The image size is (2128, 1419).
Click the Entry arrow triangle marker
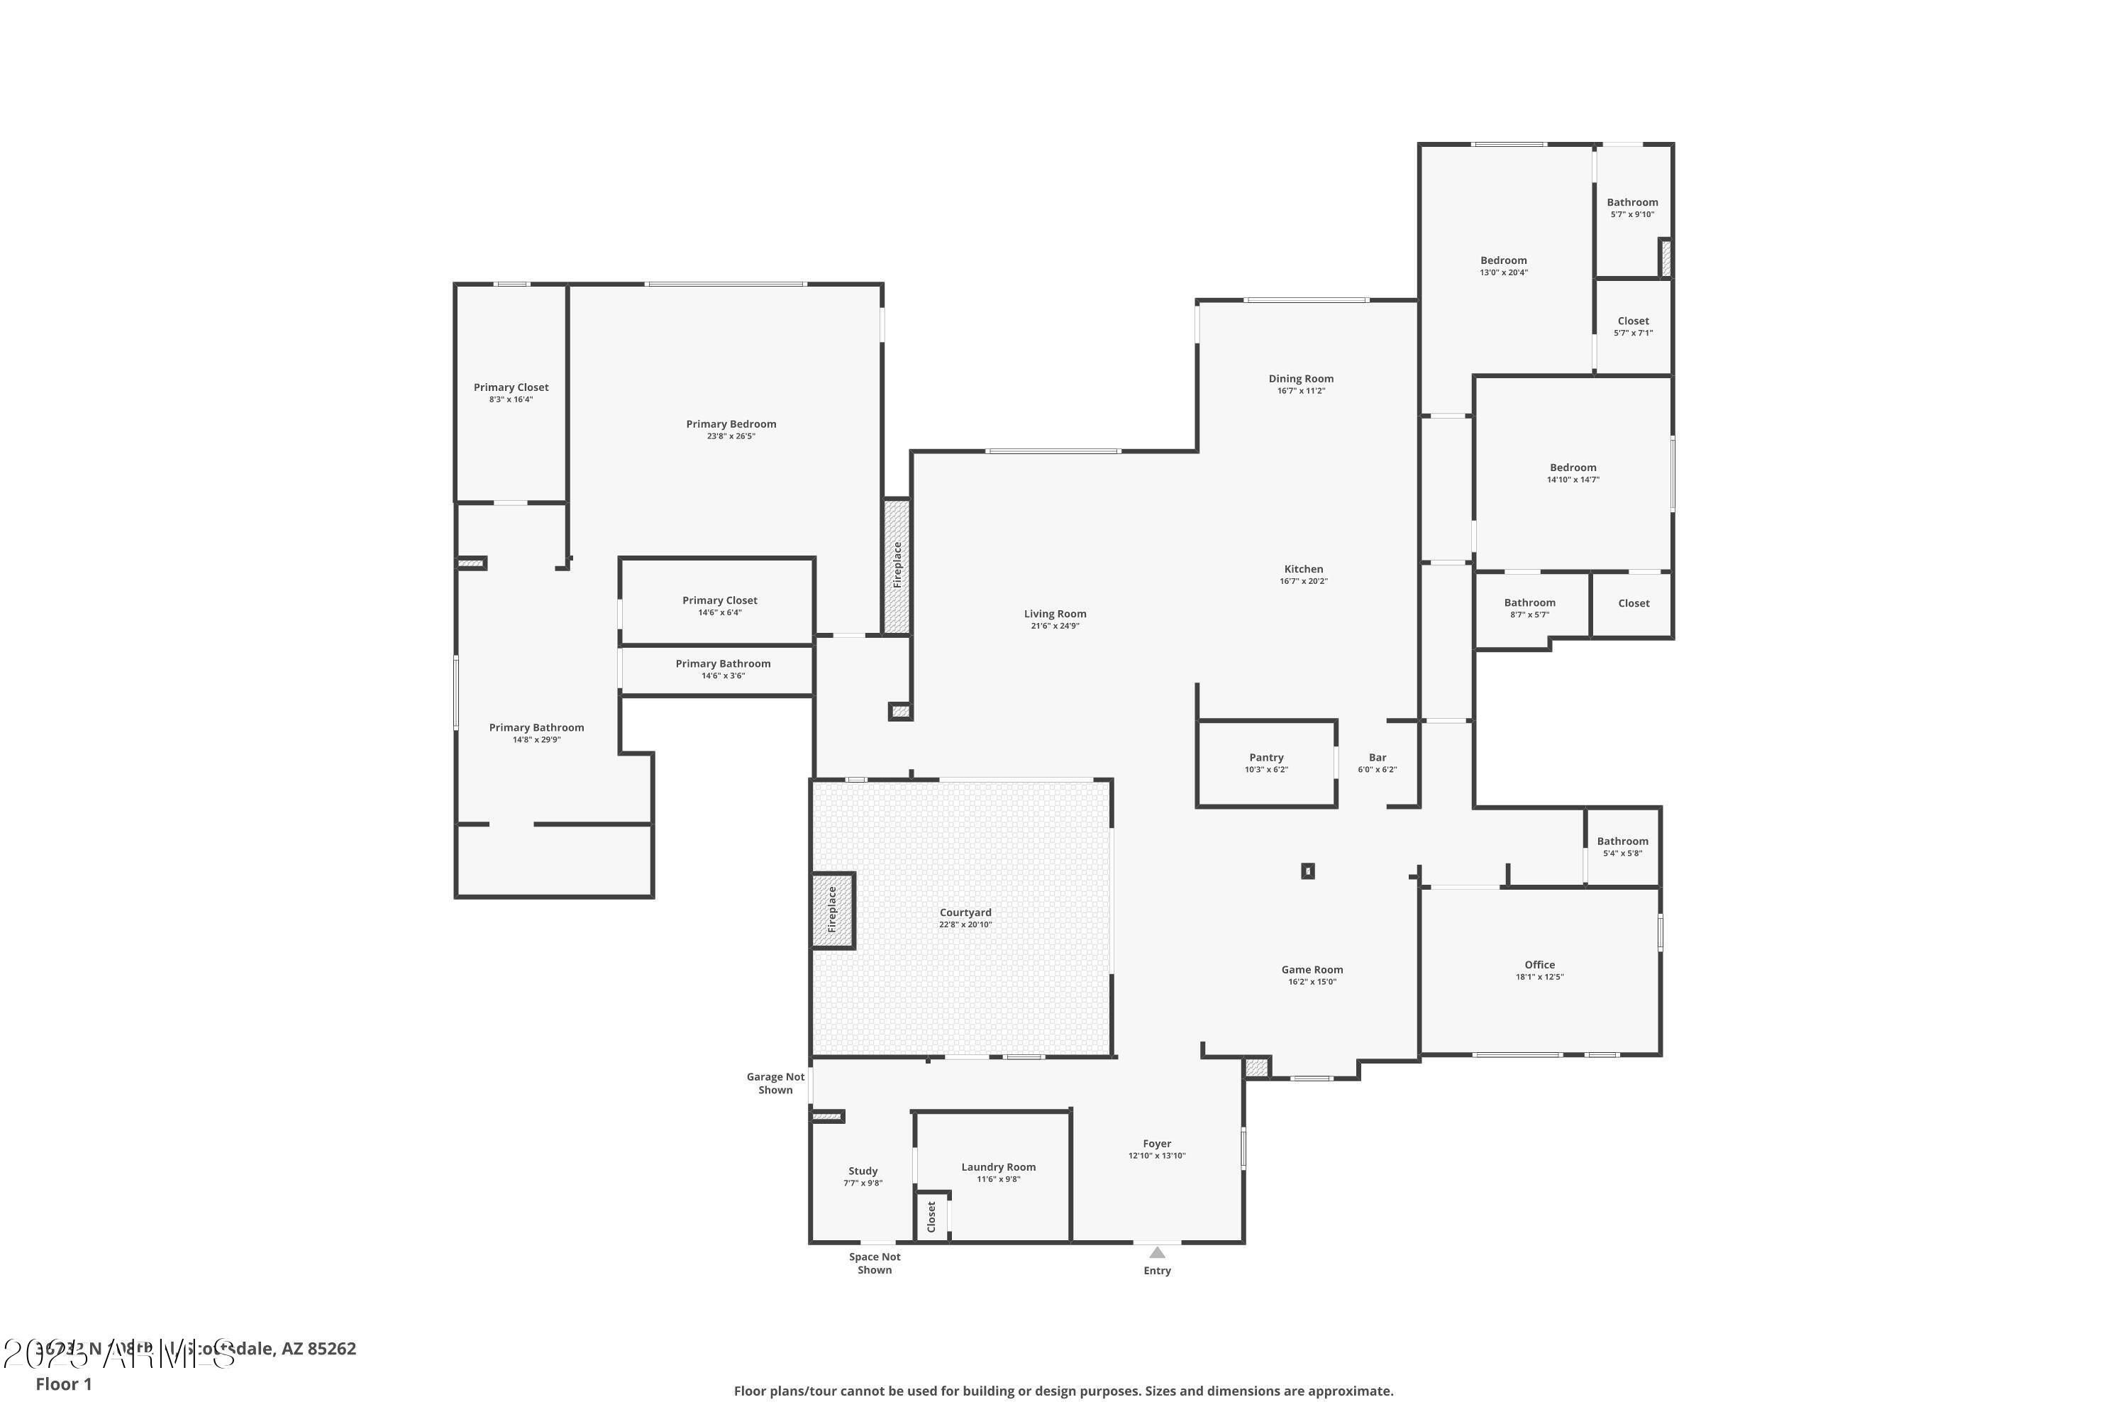(1157, 1252)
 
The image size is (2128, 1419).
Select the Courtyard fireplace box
(832, 910)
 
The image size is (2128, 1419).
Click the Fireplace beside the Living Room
(897, 565)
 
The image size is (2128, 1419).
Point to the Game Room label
(1312, 969)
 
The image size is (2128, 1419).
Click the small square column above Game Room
(1307, 871)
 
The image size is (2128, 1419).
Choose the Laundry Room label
(998, 1166)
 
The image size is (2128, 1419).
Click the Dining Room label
(1300, 378)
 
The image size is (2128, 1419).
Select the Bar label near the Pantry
(1377, 758)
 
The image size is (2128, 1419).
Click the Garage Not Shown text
(775, 1083)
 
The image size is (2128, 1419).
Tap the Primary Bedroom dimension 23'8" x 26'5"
(731, 436)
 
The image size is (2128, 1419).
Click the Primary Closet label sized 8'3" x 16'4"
(511, 387)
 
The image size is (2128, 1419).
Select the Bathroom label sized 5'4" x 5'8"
(1622, 841)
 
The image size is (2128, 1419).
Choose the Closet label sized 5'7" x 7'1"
(1633, 321)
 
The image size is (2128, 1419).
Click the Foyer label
(1156, 1143)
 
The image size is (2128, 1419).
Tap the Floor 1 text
(63, 1384)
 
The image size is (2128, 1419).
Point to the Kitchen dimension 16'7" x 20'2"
(1303, 581)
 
